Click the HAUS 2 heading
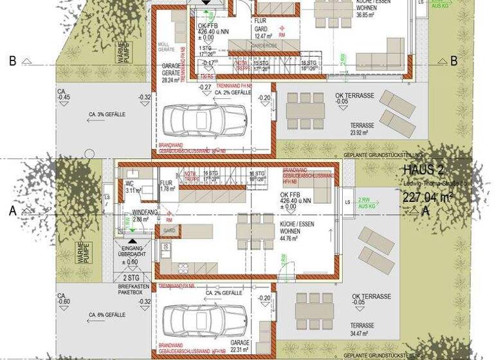(x=424, y=170)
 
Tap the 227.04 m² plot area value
(x=428, y=197)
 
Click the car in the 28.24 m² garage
(x=205, y=118)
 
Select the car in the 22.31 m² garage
(x=205, y=319)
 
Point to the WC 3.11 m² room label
(x=133, y=186)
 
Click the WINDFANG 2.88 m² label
(x=145, y=215)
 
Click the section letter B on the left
(x=12, y=61)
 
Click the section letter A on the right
(x=425, y=211)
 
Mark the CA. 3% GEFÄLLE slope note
(x=107, y=114)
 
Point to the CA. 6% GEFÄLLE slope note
(x=107, y=315)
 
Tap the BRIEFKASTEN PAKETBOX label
(x=131, y=289)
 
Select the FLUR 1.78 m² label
(x=168, y=186)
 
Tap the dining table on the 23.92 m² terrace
(x=306, y=111)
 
